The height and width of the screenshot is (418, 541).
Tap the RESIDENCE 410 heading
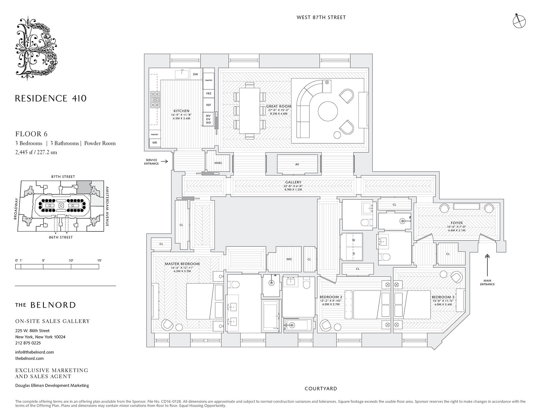[x=51, y=99]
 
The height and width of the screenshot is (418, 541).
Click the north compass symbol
[x=519, y=21]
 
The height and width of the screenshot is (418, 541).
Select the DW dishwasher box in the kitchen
[x=196, y=74]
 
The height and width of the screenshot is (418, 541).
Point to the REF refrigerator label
[x=209, y=105]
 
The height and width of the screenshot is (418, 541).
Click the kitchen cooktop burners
[x=155, y=100]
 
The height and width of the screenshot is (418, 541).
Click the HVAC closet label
[x=218, y=163]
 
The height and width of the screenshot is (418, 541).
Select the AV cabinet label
[x=297, y=164]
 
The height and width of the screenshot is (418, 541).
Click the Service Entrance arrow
[x=165, y=162]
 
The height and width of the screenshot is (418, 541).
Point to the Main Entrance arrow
[x=487, y=265]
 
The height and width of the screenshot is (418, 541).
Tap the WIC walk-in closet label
[x=289, y=259]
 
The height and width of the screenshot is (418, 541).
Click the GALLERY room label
[x=293, y=182]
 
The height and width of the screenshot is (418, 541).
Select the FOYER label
[x=457, y=223]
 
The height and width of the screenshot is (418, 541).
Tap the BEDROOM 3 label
[x=443, y=297]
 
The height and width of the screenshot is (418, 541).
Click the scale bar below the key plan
[x=57, y=267]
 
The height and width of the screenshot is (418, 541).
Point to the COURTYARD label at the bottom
[x=321, y=389]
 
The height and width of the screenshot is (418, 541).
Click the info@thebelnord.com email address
[x=35, y=352]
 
